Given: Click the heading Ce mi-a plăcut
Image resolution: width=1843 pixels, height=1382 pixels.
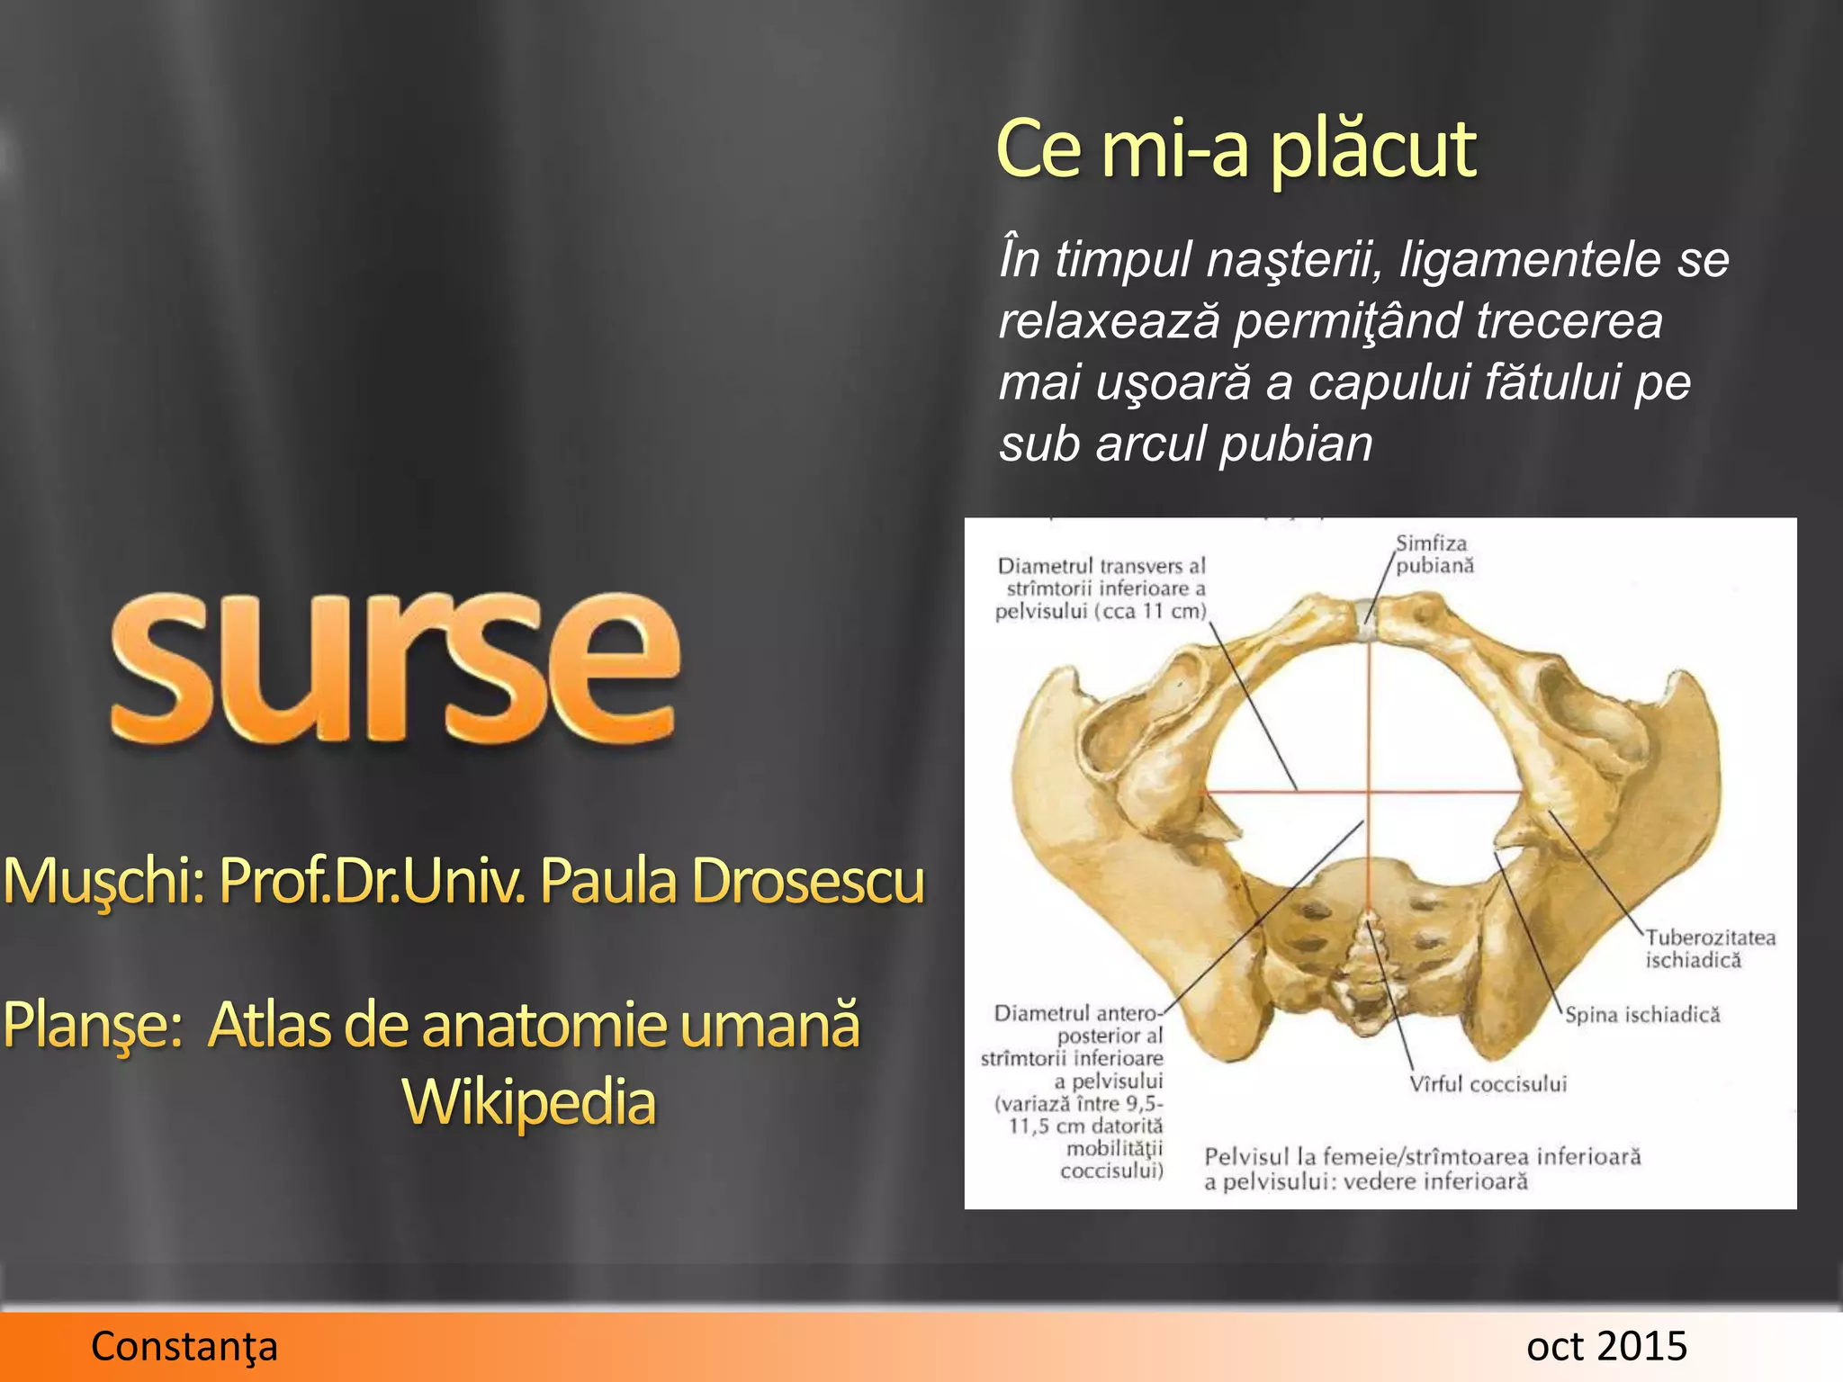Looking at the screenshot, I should pyautogui.click(x=1236, y=149).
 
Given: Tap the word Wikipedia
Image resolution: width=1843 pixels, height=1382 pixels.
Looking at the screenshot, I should pyautogui.click(x=528, y=1101).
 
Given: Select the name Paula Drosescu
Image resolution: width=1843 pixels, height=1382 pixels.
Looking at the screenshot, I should pyautogui.click(x=732, y=880).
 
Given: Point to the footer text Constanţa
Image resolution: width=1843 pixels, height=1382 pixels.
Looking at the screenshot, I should pyautogui.click(x=184, y=1346).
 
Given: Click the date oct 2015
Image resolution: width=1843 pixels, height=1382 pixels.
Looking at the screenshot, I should pyautogui.click(x=1606, y=1346).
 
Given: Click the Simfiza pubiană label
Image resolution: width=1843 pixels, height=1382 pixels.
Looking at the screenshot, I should pyautogui.click(x=1434, y=554).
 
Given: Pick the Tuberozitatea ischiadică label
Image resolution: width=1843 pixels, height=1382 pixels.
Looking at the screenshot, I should pyautogui.click(x=1710, y=948).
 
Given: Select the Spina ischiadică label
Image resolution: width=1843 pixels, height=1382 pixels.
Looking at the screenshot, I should pyautogui.click(x=1641, y=1015).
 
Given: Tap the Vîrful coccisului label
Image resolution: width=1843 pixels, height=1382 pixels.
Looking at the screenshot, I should pyautogui.click(x=1488, y=1083).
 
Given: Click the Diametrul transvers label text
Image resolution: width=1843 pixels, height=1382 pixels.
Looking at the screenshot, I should pyautogui.click(x=1101, y=588).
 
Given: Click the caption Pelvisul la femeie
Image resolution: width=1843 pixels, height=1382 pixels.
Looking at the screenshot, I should pyautogui.click(x=1422, y=1168).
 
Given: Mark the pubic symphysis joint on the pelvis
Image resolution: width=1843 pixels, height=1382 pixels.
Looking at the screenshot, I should pyautogui.click(x=1368, y=621).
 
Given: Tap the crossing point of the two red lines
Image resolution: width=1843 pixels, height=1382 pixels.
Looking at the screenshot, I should pyautogui.click(x=1368, y=792).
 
